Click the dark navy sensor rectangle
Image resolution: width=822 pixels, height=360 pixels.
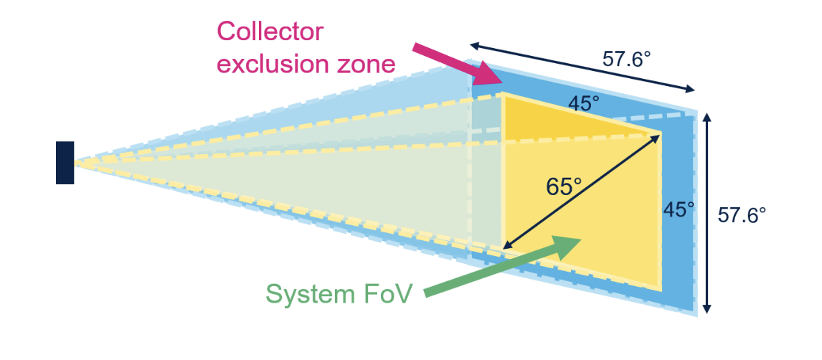coord(65,163)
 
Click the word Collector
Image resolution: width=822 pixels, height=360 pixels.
coord(270,32)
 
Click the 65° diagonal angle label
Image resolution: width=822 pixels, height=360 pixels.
coord(563,186)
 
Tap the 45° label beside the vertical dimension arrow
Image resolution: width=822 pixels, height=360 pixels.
coord(679,210)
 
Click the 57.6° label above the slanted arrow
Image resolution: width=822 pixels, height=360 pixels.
coord(626,59)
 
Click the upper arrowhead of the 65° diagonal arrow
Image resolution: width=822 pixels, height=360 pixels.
coord(657,136)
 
